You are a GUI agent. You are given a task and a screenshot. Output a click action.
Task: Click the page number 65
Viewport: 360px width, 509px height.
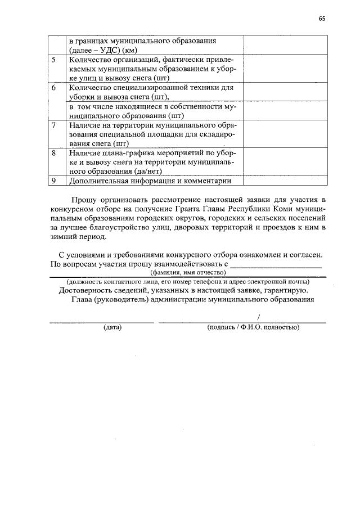pos(322,18)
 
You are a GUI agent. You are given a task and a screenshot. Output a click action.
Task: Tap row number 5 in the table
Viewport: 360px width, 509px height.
pos(53,59)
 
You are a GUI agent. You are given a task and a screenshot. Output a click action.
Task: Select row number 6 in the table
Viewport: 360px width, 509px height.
pos(53,88)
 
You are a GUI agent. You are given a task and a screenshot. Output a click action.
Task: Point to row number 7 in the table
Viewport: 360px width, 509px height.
pos(53,124)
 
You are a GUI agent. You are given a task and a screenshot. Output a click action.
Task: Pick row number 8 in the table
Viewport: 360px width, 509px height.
pos(53,152)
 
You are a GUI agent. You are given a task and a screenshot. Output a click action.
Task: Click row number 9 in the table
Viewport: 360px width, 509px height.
pos(53,181)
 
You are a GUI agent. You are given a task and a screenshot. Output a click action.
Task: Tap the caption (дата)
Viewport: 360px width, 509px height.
pos(112,327)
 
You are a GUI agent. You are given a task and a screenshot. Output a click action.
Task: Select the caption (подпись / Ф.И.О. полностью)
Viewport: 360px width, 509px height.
pos(253,327)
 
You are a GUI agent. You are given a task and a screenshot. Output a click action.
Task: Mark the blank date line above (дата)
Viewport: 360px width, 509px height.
pos(101,321)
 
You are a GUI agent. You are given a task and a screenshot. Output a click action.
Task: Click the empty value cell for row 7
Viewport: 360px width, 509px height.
pos(285,133)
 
